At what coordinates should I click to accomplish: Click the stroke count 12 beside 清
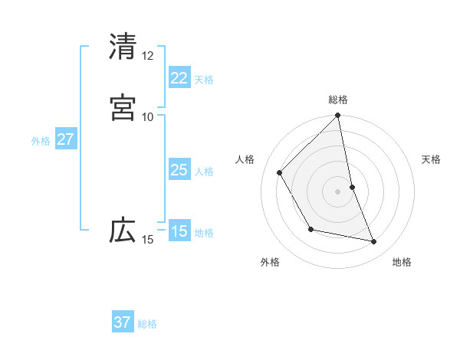(147, 55)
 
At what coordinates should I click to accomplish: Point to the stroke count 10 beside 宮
(147, 116)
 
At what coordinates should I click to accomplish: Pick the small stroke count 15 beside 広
(147, 240)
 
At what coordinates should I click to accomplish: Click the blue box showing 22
(179, 77)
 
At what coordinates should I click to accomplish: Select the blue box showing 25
(179, 170)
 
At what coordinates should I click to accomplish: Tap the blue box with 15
(179, 231)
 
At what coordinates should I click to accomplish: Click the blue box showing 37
(122, 322)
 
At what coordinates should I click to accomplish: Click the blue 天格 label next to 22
(204, 79)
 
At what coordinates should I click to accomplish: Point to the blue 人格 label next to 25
(204, 172)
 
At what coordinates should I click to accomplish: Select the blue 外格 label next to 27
(41, 141)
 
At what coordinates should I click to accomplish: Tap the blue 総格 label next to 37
(147, 324)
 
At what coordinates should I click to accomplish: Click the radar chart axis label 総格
(338, 100)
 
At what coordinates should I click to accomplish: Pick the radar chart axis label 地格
(402, 262)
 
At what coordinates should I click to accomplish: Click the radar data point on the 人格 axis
(280, 172)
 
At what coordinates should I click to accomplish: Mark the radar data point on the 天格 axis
(352, 187)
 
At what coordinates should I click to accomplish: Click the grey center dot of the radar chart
(338, 191)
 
